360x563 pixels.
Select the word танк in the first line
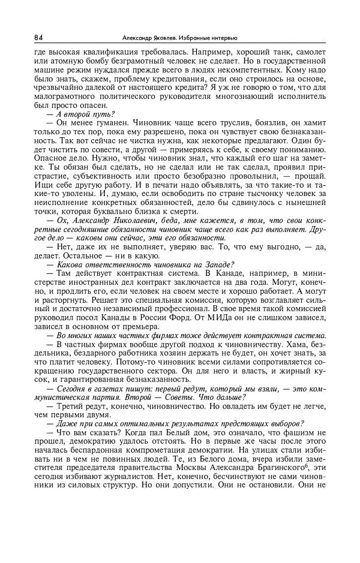[x=281, y=52]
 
